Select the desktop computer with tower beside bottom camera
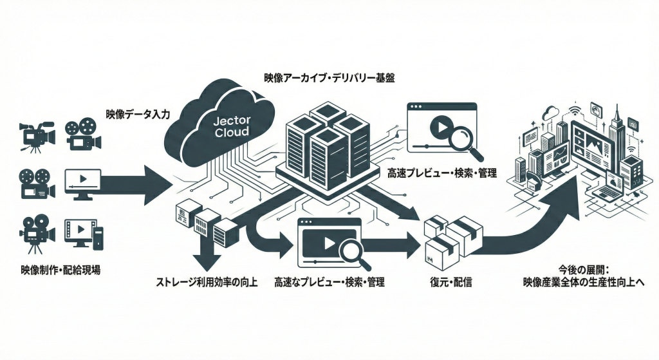click(x=81, y=235)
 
